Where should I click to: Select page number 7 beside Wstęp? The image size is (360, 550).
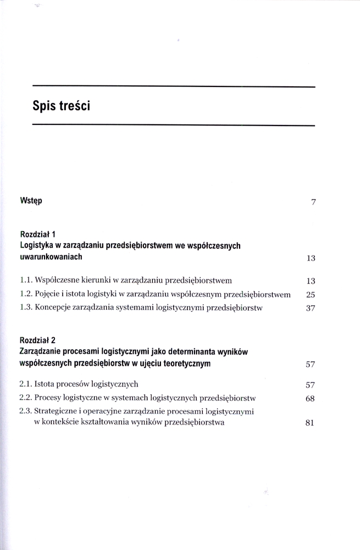click(313, 202)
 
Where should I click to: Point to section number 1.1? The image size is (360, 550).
click(25, 280)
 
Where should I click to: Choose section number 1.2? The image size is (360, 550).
click(25, 294)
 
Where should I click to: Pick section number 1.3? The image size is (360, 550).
click(25, 308)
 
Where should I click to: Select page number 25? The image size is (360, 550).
click(309, 295)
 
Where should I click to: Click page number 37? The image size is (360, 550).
click(309, 309)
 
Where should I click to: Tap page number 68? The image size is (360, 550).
click(309, 399)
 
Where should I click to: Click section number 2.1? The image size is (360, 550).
click(25, 384)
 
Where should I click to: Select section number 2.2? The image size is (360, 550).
click(25, 398)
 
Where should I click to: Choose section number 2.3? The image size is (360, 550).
click(25, 411)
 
